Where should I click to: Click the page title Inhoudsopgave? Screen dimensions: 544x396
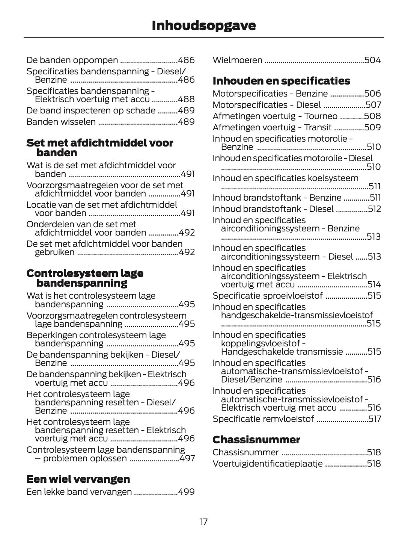(x=203, y=26)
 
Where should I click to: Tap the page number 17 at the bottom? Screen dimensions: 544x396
(x=203, y=521)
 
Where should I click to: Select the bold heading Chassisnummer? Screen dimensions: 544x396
(x=256, y=440)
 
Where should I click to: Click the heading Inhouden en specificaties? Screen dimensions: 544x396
(x=281, y=81)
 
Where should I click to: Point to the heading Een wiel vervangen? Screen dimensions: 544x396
(x=78, y=479)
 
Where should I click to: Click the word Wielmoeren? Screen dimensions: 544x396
(x=237, y=60)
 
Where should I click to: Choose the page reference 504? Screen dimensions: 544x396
(x=372, y=60)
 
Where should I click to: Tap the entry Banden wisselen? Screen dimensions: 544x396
(x=61, y=122)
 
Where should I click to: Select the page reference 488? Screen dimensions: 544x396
(x=186, y=99)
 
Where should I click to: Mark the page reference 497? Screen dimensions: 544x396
(x=187, y=458)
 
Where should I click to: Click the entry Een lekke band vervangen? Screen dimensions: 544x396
(x=79, y=492)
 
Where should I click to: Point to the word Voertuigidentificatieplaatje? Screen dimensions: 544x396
(x=267, y=464)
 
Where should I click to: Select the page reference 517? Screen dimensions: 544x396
(x=374, y=419)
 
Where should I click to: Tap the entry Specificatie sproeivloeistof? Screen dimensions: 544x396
(x=267, y=296)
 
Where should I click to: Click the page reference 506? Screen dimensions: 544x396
(x=372, y=94)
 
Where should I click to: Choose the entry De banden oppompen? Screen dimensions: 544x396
(x=72, y=60)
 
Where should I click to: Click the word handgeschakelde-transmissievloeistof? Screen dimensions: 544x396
(x=297, y=315)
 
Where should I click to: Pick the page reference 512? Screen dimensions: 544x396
(x=374, y=209)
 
